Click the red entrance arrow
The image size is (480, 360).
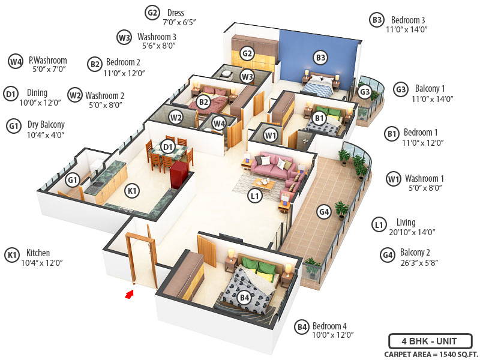pos(128,294)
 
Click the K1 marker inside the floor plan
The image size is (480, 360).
pos(132,191)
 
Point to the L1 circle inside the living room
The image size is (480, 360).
pos(255,196)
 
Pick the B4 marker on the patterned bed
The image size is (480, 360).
pos(244,297)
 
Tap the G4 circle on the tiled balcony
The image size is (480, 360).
pos(323,211)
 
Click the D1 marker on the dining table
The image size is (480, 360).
pos(168,146)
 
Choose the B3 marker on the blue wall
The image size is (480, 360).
pos(320,58)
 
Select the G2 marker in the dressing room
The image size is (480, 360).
pos(247,53)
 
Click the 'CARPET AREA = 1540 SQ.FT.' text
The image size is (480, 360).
pos(428,354)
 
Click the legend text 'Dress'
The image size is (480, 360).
pos(176,13)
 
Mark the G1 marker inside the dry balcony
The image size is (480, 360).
pos(73,179)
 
